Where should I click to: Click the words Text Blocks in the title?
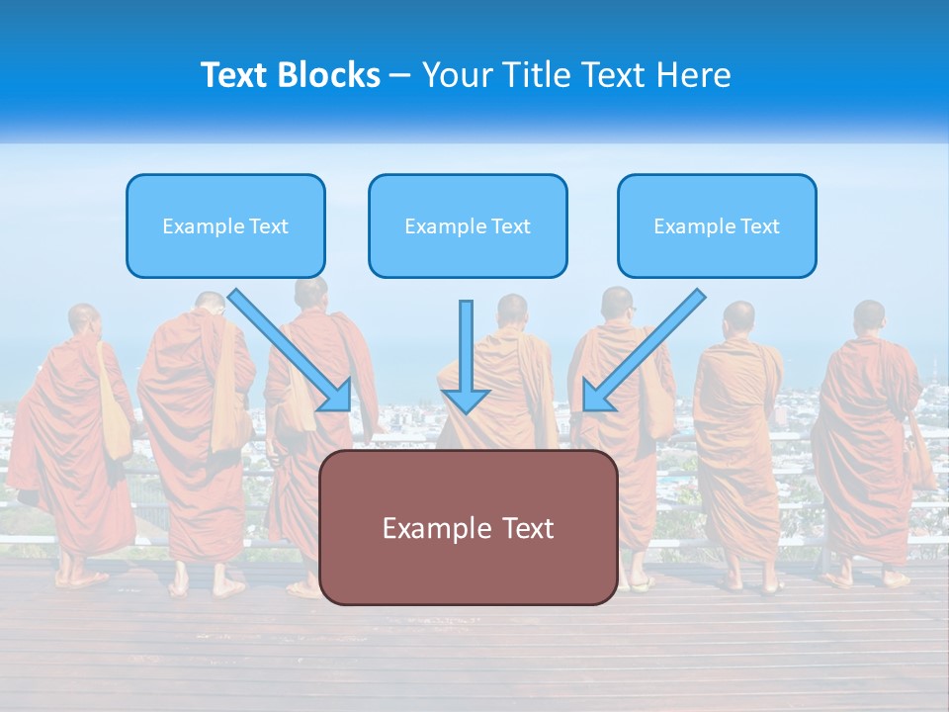click(x=290, y=75)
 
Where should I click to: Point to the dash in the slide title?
click(x=400, y=76)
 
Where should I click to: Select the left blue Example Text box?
click(x=225, y=226)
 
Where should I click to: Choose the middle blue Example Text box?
click(x=468, y=226)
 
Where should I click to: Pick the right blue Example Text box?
click(x=717, y=226)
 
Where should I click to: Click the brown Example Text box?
click(x=468, y=527)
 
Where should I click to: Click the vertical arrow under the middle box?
click(x=466, y=358)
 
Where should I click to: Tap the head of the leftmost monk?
click(x=84, y=320)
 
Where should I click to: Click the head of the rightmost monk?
click(x=869, y=316)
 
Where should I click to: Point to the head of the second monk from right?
click(x=738, y=318)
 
